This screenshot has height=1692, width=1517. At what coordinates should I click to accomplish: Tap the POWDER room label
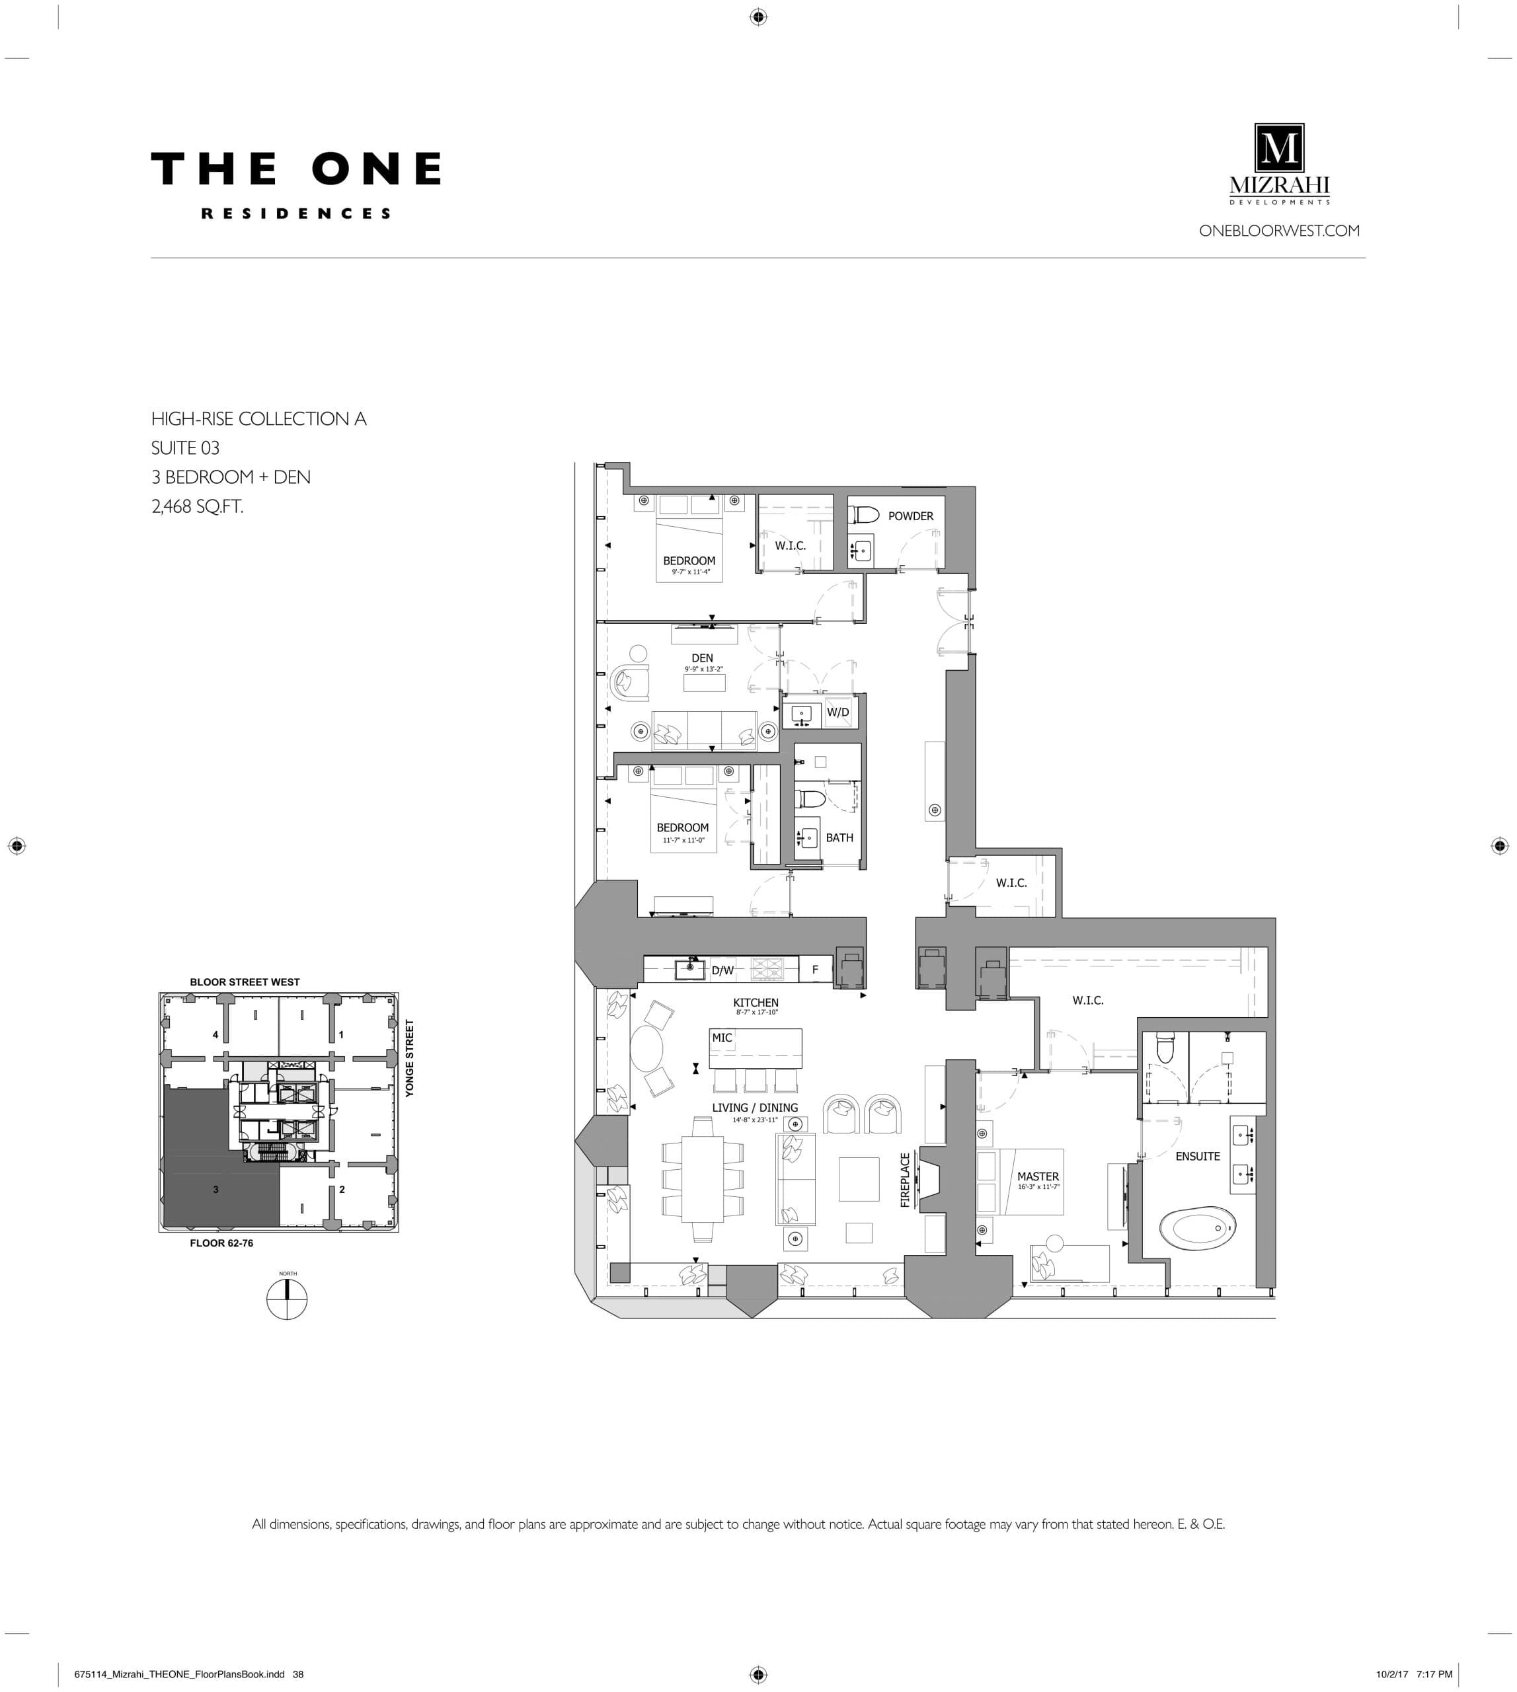coord(910,516)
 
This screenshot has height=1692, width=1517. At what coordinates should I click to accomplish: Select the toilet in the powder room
coord(865,514)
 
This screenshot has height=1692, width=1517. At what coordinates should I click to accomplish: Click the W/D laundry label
coord(837,712)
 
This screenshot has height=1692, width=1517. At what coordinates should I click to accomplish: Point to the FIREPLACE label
coord(905,1179)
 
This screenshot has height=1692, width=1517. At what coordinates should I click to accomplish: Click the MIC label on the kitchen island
coord(722,1038)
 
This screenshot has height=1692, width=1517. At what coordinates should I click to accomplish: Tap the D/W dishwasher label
coord(722,970)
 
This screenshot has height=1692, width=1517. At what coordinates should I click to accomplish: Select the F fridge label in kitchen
coord(815,970)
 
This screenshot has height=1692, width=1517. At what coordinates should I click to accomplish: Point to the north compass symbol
coord(287,1299)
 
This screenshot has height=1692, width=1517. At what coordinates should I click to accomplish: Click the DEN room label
coord(702,658)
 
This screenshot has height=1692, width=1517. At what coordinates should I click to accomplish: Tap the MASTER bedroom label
coord(1038,1176)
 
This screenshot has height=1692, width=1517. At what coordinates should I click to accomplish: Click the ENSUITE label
coord(1197,1156)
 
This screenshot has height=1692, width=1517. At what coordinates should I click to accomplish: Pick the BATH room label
coord(839,837)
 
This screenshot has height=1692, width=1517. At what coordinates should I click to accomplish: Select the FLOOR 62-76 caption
coord(221,1243)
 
